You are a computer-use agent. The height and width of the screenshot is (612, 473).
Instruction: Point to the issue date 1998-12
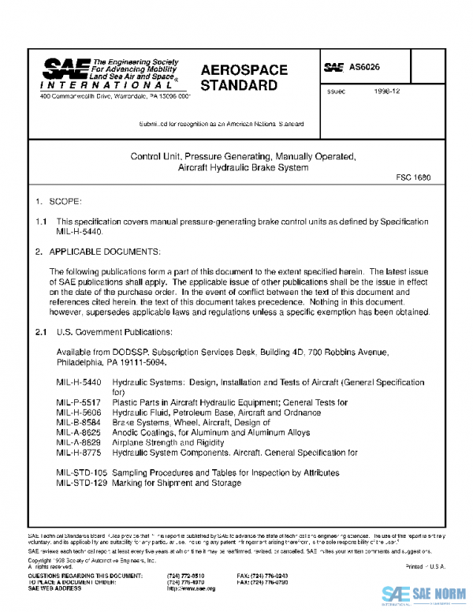[x=387, y=92]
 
